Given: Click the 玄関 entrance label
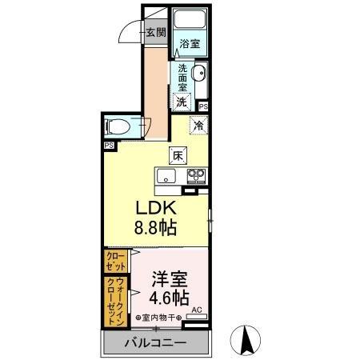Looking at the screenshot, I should pyautogui.click(x=155, y=33).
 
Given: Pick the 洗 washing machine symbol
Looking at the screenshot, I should pyautogui.click(x=183, y=102).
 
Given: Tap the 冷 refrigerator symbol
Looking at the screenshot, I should pyautogui.click(x=197, y=126).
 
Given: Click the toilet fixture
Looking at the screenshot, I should pyautogui.click(x=117, y=127).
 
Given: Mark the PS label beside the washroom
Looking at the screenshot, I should pyautogui.click(x=203, y=106).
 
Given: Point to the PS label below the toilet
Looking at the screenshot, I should pyautogui.click(x=108, y=146).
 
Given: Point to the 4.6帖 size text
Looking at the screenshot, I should pyautogui.click(x=169, y=299).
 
